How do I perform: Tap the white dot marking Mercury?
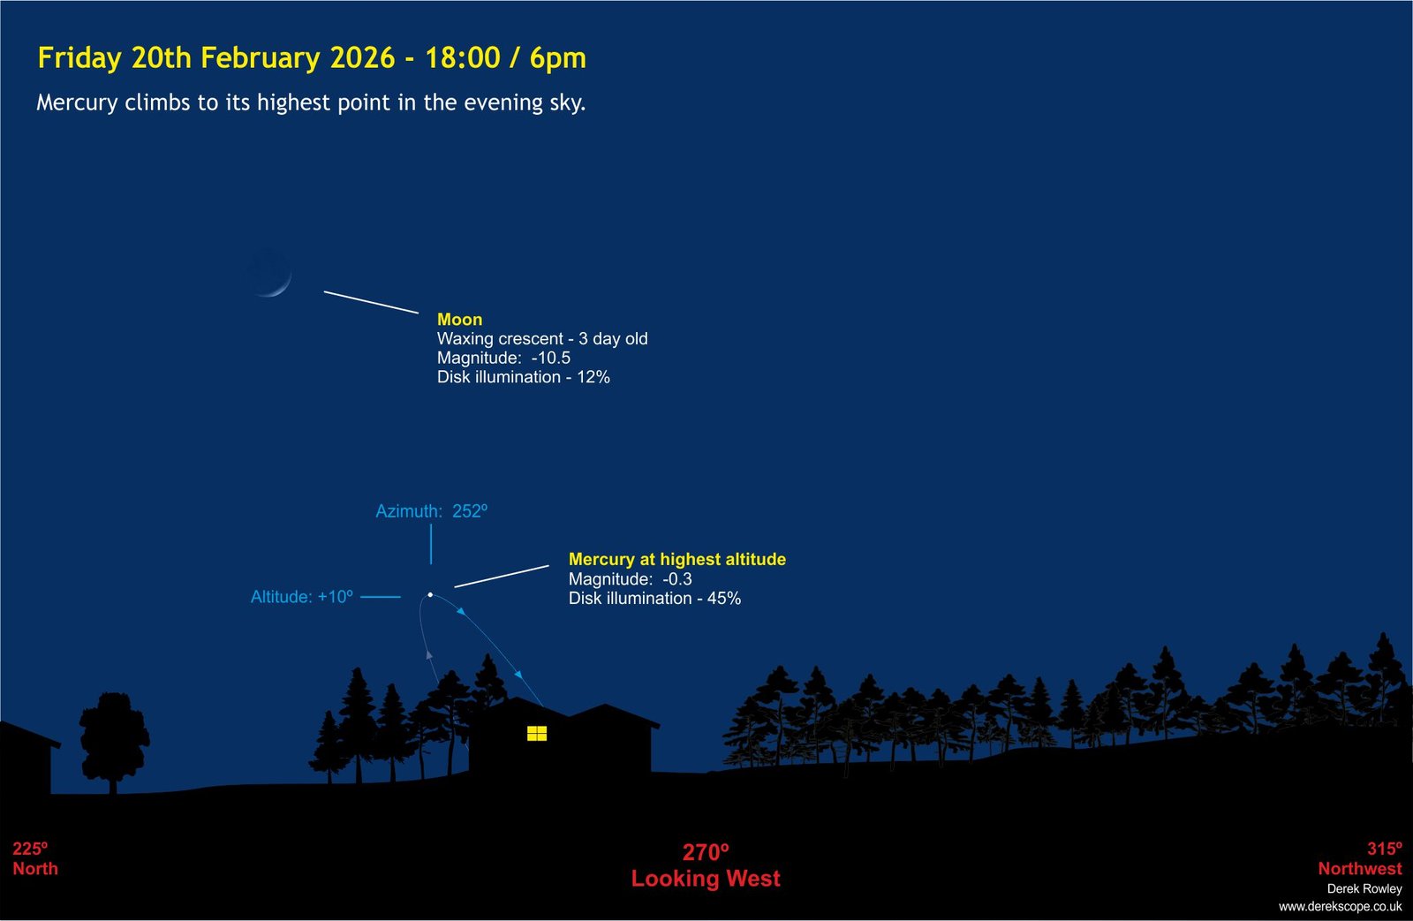(430, 595)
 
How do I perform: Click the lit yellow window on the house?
(537, 733)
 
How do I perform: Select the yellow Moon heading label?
(459, 319)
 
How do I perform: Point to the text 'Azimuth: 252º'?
(432, 511)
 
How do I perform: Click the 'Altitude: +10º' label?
(301, 597)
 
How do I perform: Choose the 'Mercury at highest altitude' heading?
(676, 560)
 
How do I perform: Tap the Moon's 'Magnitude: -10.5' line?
(503, 358)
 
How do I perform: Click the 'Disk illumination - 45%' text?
(654, 598)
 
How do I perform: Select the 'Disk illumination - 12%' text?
(523, 377)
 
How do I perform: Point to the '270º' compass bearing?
(706, 852)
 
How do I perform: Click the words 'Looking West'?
(706, 878)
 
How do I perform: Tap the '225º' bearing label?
(30, 849)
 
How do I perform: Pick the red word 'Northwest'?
(1359, 869)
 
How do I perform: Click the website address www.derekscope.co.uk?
(1340, 907)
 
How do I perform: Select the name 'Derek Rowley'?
(1364, 888)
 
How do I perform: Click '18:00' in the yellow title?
(463, 57)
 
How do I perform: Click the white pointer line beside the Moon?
(371, 302)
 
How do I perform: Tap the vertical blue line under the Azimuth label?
(431, 544)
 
